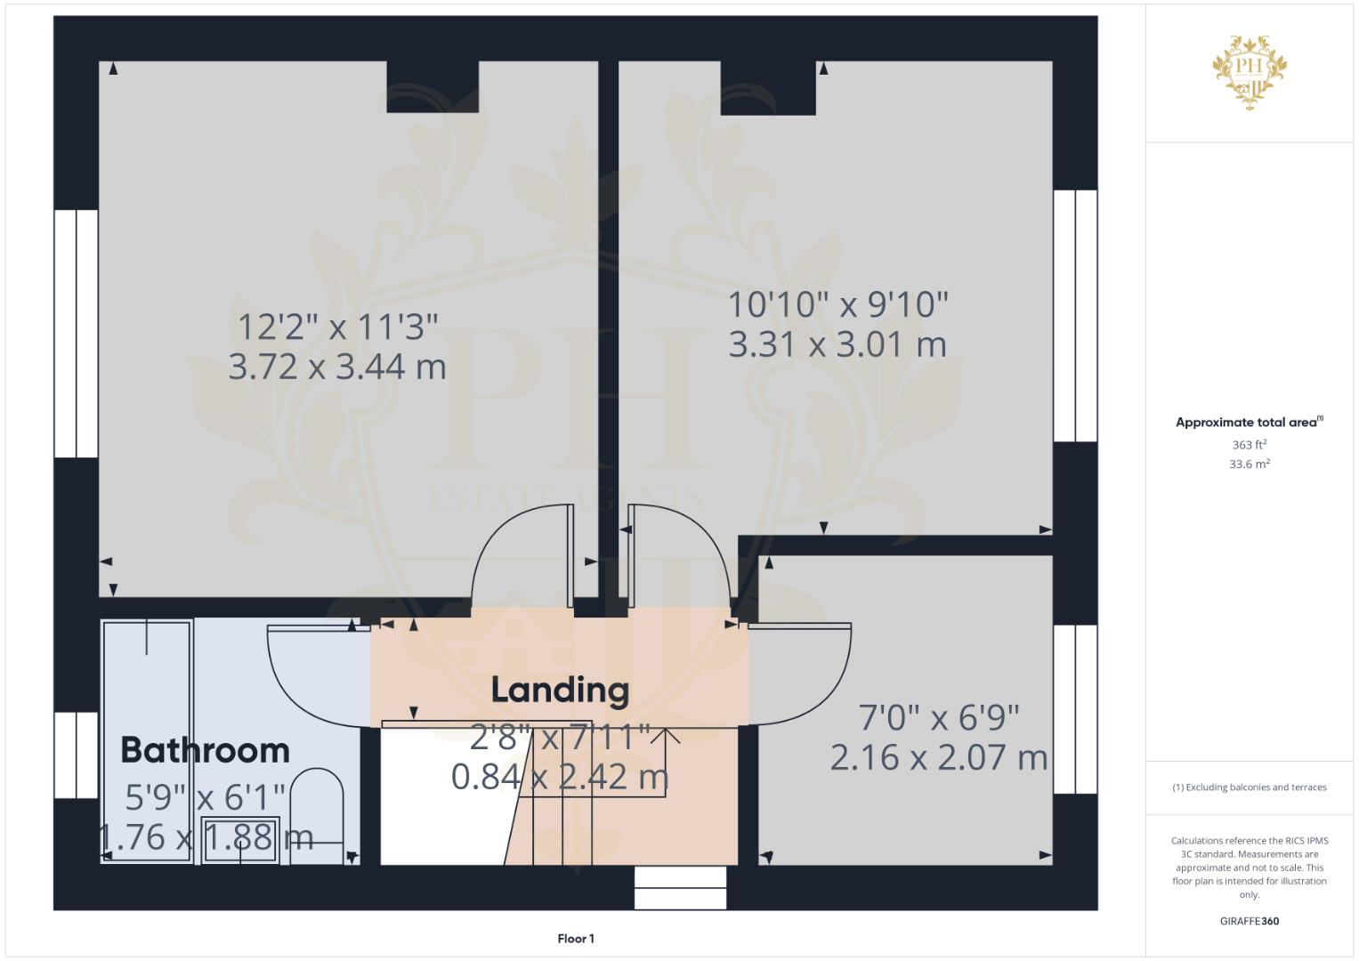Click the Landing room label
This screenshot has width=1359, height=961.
tap(560, 691)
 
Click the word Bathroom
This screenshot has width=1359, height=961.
tap(205, 750)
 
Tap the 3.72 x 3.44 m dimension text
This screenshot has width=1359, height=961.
tap(337, 367)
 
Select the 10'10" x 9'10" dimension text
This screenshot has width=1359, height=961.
tap(837, 304)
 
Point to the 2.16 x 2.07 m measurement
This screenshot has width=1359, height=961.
tap(939, 758)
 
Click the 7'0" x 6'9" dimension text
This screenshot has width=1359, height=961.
tap(939, 718)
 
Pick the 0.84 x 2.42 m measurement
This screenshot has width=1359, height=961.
tap(560, 777)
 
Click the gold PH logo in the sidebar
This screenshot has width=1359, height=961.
tap(1250, 72)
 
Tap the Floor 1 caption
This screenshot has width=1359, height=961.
tap(576, 939)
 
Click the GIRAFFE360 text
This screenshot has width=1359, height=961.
tap(1250, 921)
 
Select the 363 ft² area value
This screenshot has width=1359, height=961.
tap(1250, 445)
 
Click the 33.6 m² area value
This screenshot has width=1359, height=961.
tap(1250, 464)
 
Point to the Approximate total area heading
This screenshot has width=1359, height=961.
tap(1250, 423)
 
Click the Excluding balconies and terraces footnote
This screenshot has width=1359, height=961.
tap(1250, 787)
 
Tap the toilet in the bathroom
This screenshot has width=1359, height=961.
tap(317, 816)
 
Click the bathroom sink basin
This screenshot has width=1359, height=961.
tap(240, 840)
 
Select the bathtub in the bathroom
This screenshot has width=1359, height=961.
tap(147, 741)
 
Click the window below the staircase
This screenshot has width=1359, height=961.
tap(680, 888)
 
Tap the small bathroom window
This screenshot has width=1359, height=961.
tap(76, 755)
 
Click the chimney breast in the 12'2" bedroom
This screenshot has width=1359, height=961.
tap(433, 87)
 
